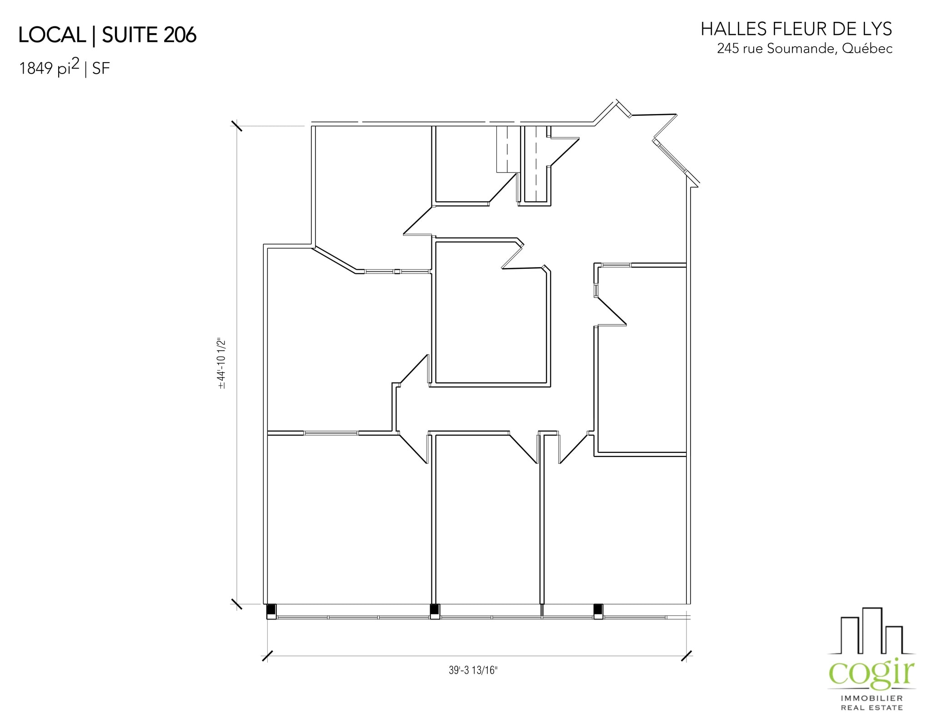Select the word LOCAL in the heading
click(x=52, y=35)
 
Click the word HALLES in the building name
click(x=732, y=30)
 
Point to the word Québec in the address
click(x=867, y=49)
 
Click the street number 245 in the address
click(x=728, y=49)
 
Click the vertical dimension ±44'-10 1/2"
click(x=222, y=363)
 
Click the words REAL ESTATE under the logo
click(x=871, y=708)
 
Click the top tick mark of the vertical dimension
click(x=237, y=125)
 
